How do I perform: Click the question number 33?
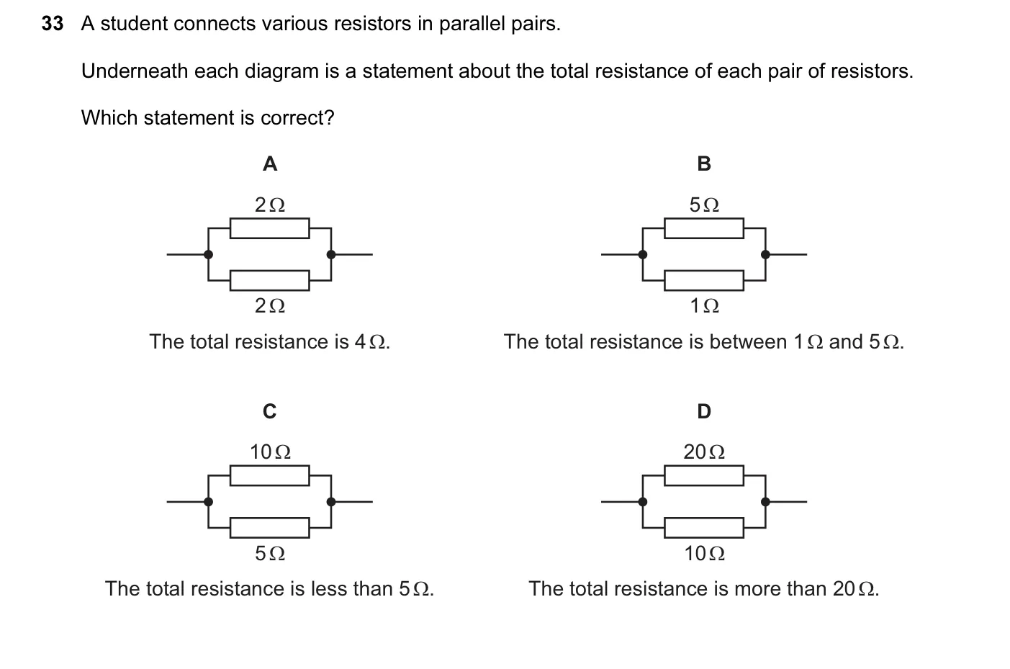click(x=53, y=24)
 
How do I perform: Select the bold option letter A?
click(x=270, y=163)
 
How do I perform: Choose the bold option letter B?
click(x=704, y=163)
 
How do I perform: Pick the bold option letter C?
click(x=270, y=411)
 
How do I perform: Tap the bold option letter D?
click(x=704, y=411)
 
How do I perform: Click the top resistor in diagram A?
click(x=270, y=228)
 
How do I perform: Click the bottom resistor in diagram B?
click(x=704, y=281)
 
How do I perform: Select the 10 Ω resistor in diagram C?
click(x=270, y=475)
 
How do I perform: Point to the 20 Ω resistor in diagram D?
click(x=704, y=475)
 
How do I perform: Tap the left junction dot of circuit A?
click(x=208, y=254)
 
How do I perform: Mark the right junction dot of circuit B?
click(x=765, y=254)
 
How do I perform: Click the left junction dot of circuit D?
click(x=643, y=502)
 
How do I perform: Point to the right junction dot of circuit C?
click(x=331, y=502)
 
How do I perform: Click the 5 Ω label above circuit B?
click(x=704, y=205)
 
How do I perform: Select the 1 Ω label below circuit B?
click(x=704, y=306)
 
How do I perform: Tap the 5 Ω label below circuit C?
click(x=270, y=553)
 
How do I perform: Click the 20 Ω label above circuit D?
click(x=704, y=452)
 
